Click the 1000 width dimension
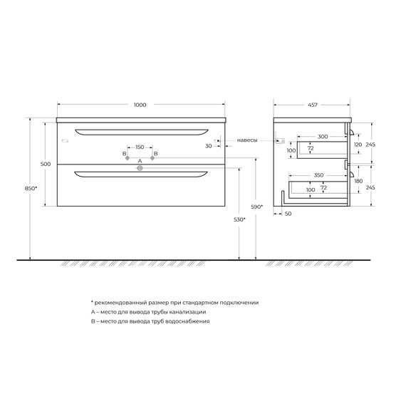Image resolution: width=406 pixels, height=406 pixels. (x=140, y=105)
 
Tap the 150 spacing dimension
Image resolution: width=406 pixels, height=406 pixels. (x=140, y=147)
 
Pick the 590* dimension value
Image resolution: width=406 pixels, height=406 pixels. (x=257, y=207)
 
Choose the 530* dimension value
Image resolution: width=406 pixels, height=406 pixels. (x=240, y=219)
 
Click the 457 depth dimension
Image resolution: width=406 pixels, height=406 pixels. (x=313, y=105)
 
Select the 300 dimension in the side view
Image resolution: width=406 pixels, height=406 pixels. (x=323, y=135)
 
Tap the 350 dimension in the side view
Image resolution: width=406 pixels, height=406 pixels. (x=318, y=174)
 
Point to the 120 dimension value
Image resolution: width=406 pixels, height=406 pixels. (x=358, y=144)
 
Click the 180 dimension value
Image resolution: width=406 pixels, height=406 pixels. (x=358, y=182)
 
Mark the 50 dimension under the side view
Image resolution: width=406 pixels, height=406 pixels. (x=288, y=214)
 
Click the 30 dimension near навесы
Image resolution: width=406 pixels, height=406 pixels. (x=209, y=147)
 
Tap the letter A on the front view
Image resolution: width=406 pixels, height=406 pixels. (x=140, y=162)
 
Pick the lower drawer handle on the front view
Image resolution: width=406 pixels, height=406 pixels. (x=140, y=173)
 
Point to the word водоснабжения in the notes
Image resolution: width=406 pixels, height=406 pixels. (x=187, y=322)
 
